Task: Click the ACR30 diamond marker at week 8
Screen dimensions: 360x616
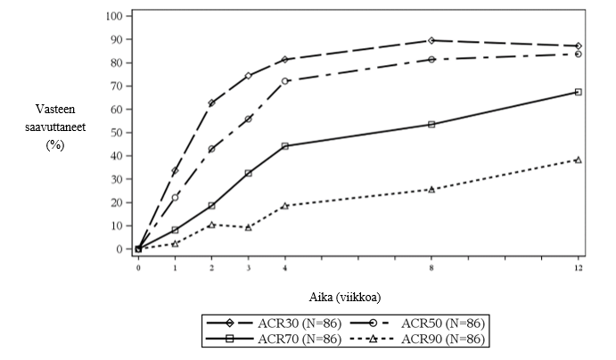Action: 431,40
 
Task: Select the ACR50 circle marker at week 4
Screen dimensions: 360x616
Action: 284,81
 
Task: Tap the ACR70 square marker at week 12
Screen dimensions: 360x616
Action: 579,92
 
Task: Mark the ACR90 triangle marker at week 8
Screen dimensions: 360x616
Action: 431,189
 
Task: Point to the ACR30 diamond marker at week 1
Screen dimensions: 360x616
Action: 175,170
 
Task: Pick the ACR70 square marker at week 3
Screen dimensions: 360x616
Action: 248,173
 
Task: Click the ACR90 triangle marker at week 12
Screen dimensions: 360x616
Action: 579,160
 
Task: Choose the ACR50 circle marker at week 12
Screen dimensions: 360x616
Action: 579,53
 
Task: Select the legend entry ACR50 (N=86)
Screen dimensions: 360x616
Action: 440,323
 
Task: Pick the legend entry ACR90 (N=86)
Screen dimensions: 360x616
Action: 440,339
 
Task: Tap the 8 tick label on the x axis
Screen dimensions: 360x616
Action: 431,266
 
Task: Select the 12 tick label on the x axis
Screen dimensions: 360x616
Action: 579,266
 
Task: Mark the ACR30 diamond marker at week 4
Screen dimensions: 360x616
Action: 284,60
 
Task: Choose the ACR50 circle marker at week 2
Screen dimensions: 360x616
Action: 211,149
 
